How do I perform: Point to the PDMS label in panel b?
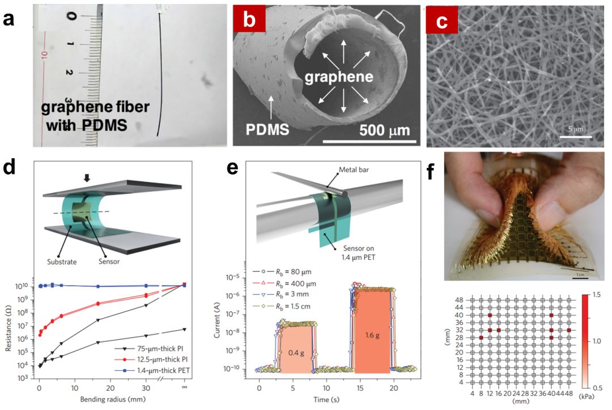[269, 131]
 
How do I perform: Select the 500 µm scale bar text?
[384, 132]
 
